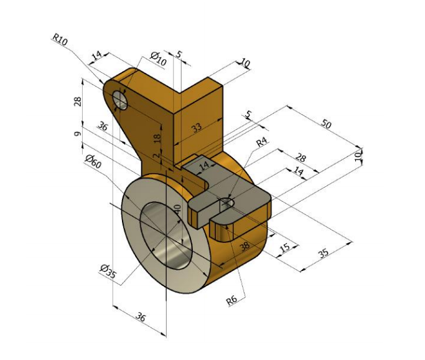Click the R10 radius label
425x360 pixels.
60,40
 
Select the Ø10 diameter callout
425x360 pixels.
159,59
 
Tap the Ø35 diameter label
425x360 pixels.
108,270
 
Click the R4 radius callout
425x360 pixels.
262,142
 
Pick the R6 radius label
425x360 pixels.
231,300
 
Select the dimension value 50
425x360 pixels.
325,124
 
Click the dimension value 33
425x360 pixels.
197,128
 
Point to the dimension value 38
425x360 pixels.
244,246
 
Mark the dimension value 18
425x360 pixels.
158,139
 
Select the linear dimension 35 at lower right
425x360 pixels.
323,252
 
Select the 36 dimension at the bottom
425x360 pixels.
141,317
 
